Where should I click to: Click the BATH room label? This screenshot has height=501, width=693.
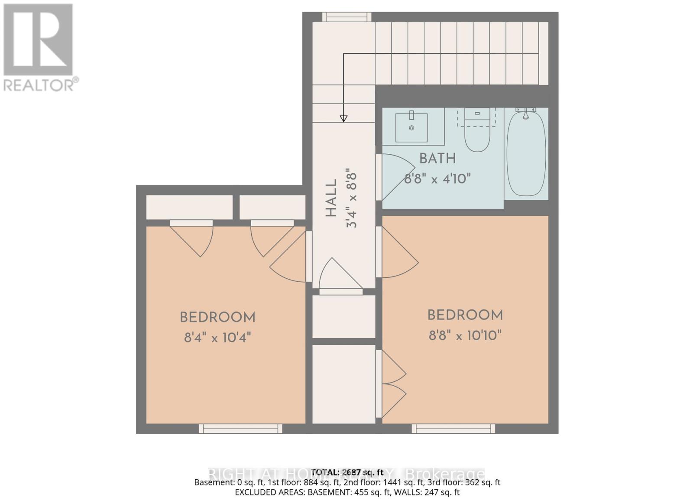437,159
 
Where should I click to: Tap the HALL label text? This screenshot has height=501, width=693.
331,198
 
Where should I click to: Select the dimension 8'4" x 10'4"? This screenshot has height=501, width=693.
217,337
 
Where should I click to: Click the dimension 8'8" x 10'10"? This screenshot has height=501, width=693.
465,335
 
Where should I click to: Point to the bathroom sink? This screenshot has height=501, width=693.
411,127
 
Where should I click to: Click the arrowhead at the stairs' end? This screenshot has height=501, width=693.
343,118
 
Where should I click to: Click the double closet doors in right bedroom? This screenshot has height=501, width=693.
392,384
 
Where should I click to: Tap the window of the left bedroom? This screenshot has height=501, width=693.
240,429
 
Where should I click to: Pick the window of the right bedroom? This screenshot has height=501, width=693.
453,429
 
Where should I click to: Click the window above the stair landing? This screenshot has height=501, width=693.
346,17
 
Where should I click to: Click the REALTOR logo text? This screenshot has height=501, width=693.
41,85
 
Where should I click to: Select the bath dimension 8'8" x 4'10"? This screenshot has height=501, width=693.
437,179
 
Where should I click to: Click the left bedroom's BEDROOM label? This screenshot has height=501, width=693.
217,318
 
